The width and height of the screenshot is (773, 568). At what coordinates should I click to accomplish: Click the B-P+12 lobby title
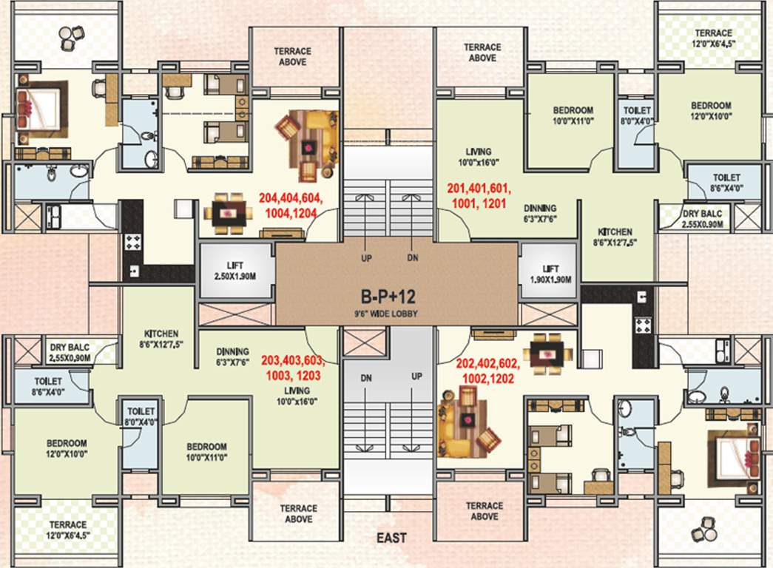[388, 297]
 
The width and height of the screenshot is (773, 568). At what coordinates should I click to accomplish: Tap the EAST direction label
[390, 538]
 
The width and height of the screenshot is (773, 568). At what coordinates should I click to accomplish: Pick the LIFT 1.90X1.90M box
[549, 274]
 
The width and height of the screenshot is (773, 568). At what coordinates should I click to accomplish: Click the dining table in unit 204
[227, 214]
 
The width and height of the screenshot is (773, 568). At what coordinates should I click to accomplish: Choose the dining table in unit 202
[547, 352]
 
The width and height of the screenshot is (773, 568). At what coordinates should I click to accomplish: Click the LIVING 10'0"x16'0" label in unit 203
[293, 396]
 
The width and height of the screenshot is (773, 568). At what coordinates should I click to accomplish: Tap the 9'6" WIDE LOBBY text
[388, 313]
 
